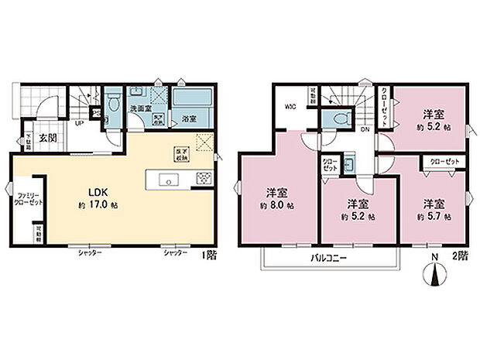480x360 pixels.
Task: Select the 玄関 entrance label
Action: (x=48, y=139)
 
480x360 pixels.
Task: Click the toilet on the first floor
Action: (x=114, y=103)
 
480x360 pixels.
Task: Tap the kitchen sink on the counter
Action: (x=168, y=180)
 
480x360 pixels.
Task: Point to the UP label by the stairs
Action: (x=80, y=123)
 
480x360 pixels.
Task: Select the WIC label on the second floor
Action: (x=290, y=108)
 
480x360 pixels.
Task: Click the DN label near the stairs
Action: (x=365, y=129)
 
